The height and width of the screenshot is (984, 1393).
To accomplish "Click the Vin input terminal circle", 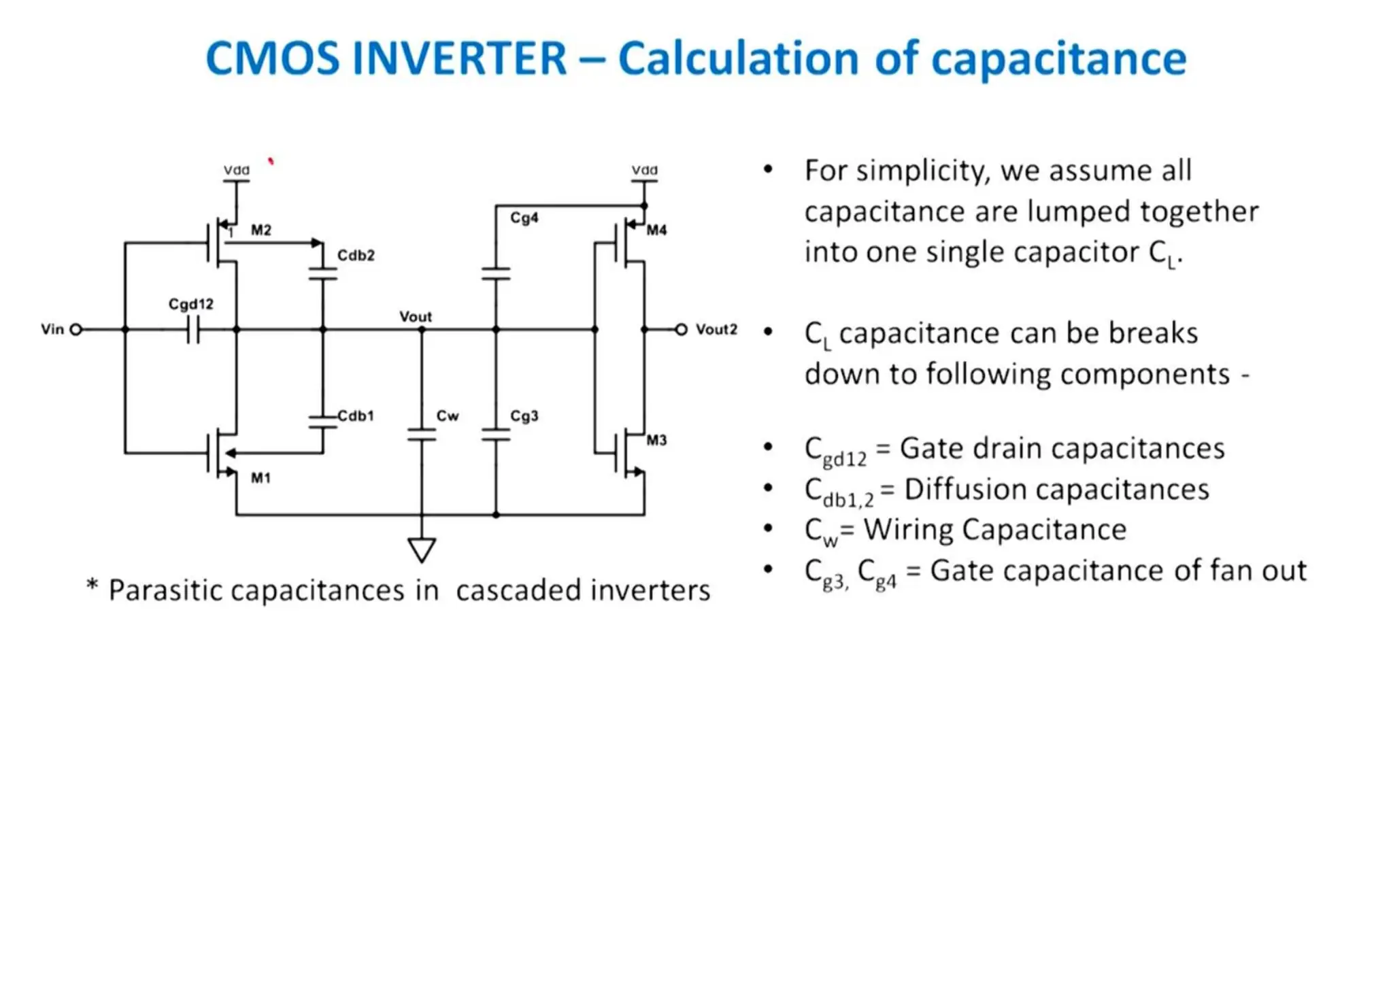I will click(x=76, y=330).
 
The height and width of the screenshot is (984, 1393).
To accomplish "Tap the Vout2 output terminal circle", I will click(x=681, y=330).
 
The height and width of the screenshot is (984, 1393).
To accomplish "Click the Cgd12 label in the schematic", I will click(x=190, y=304).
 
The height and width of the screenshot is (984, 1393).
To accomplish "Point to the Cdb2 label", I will click(x=356, y=255).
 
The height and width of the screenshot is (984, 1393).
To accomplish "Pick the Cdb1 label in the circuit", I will click(x=356, y=415).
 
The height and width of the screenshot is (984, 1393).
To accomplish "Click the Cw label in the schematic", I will click(x=447, y=415).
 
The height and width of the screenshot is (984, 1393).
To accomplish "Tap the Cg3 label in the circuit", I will click(x=524, y=415).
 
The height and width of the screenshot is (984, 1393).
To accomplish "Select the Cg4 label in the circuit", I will click(x=524, y=218).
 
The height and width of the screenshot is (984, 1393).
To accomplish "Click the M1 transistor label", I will click(x=261, y=478).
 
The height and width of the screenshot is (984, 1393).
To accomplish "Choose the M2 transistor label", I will click(x=261, y=230).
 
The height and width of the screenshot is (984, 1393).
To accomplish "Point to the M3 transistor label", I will click(x=656, y=440).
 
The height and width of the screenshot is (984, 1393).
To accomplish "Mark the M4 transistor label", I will click(x=656, y=230).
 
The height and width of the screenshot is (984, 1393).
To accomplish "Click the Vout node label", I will click(x=415, y=317).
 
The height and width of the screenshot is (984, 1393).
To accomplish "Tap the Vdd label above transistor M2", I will click(x=237, y=170).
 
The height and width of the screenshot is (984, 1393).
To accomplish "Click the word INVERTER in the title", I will click(x=459, y=58).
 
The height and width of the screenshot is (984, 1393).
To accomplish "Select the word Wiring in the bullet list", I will click(x=908, y=530).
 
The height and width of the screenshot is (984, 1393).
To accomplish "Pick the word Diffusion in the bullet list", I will click(x=954, y=489).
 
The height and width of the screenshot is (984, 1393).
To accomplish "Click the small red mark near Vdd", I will click(x=271, y=161).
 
